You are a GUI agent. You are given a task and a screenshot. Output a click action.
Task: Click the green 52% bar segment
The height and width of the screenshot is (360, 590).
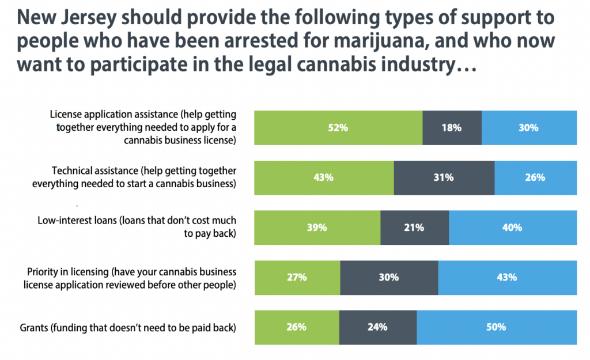(338, 128)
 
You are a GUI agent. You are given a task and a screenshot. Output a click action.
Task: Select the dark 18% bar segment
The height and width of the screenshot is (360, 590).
(452, 128)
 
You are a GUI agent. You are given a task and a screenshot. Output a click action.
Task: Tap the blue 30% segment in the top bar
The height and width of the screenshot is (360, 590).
(529, 128)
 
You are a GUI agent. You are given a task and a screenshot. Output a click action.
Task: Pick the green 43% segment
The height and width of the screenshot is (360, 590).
(324, 177)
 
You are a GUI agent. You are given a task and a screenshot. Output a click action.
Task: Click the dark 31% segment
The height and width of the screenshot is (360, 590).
(444, 177)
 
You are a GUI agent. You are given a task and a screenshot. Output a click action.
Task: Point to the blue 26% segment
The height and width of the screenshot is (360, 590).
(535, 177)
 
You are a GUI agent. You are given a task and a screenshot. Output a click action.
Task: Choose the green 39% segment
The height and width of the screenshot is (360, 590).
(317, 228)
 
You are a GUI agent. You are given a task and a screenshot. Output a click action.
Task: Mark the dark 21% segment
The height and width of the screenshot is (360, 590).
(414, 228)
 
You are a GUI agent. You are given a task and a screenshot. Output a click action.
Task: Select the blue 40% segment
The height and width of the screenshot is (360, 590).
(512, 228)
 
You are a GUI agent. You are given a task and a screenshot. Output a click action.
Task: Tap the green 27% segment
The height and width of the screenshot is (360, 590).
(297, 277)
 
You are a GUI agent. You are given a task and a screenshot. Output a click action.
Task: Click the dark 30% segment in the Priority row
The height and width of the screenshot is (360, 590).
(389, 277)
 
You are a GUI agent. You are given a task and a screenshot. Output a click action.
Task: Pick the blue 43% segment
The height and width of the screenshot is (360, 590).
(507, 277)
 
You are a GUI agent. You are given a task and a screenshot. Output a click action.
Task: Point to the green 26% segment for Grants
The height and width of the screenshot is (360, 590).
(296, 327)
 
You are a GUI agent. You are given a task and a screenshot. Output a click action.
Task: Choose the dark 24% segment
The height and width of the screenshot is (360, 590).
(377, 327)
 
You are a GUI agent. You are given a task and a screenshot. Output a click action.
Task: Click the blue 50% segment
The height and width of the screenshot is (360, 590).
(496, 327)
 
